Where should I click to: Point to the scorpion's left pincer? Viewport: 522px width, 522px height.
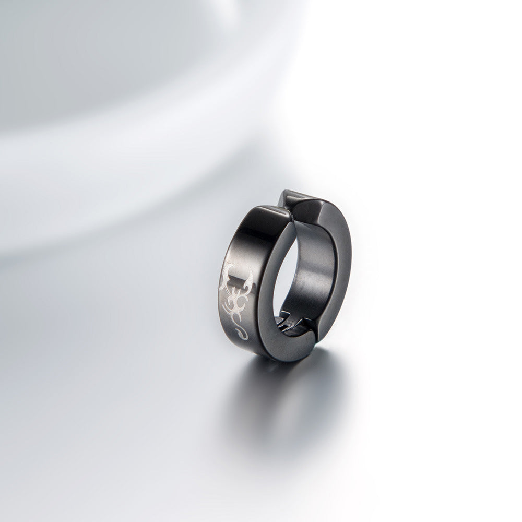tap(229, 272)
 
